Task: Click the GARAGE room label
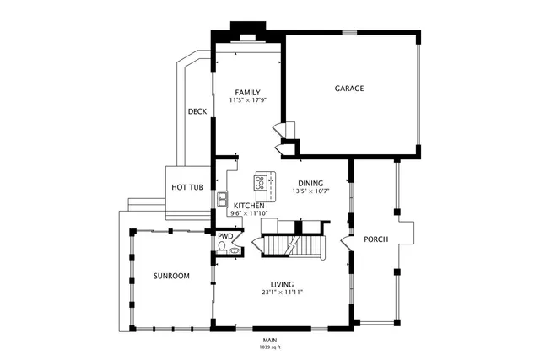click(349, 89)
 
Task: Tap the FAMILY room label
click(247, 93)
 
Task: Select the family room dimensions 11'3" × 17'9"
click(247, 100)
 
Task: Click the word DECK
click(197, 111)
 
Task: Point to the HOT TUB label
click(186, 187)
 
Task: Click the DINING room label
click(311, 183)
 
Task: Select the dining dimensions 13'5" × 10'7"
click(311, 191)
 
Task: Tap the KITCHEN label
click(249, 206)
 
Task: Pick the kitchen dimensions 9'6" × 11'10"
click(249, 213)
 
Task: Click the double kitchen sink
click(221, 200)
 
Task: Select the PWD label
click(225, 237)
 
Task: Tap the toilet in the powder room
click(224, 249)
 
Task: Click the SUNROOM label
click(171, 277)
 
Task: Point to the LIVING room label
click(282, 284)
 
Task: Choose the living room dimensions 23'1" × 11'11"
click(282, 293)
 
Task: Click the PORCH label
click(375, 240)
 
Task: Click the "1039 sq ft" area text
click(270, 347)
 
